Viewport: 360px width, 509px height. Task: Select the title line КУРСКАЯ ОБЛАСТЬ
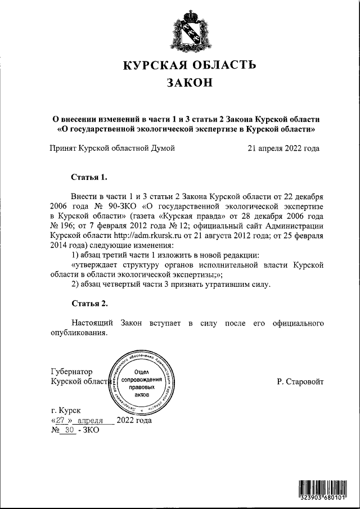click(x=186, y=66)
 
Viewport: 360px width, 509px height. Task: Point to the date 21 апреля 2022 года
click(x=283, y=149)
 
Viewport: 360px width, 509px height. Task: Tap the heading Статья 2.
click(x=88, y=304)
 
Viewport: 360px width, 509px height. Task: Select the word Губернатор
click(x=71, y=372)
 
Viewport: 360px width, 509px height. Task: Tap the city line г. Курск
click(x=65, y=412)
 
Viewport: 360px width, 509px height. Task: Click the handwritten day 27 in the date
click(x=61, y=421)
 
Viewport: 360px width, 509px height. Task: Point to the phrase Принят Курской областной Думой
click(x=112, y=149)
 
